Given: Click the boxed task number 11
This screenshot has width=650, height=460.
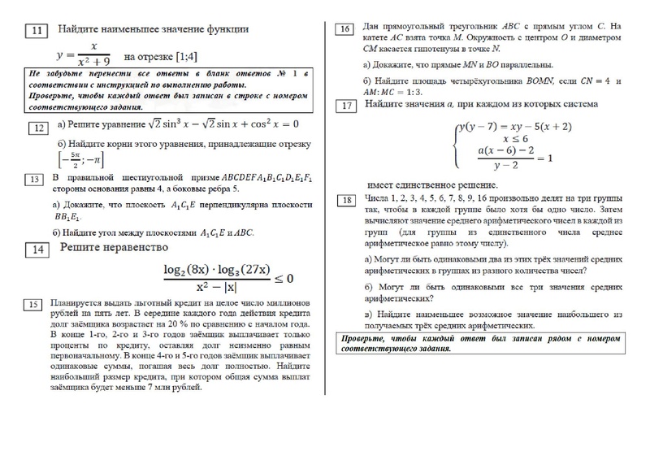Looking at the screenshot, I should tap(37, 32).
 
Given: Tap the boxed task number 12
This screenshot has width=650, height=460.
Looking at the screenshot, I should tap(38, 128).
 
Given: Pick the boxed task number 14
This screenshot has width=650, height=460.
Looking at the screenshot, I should tap(37, 250).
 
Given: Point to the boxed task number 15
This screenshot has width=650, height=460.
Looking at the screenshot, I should tap(32, 305).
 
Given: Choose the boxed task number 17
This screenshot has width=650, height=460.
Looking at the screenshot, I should tap(346, 106).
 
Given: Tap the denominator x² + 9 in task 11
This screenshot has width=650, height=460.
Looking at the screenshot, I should tap(93, 63).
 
